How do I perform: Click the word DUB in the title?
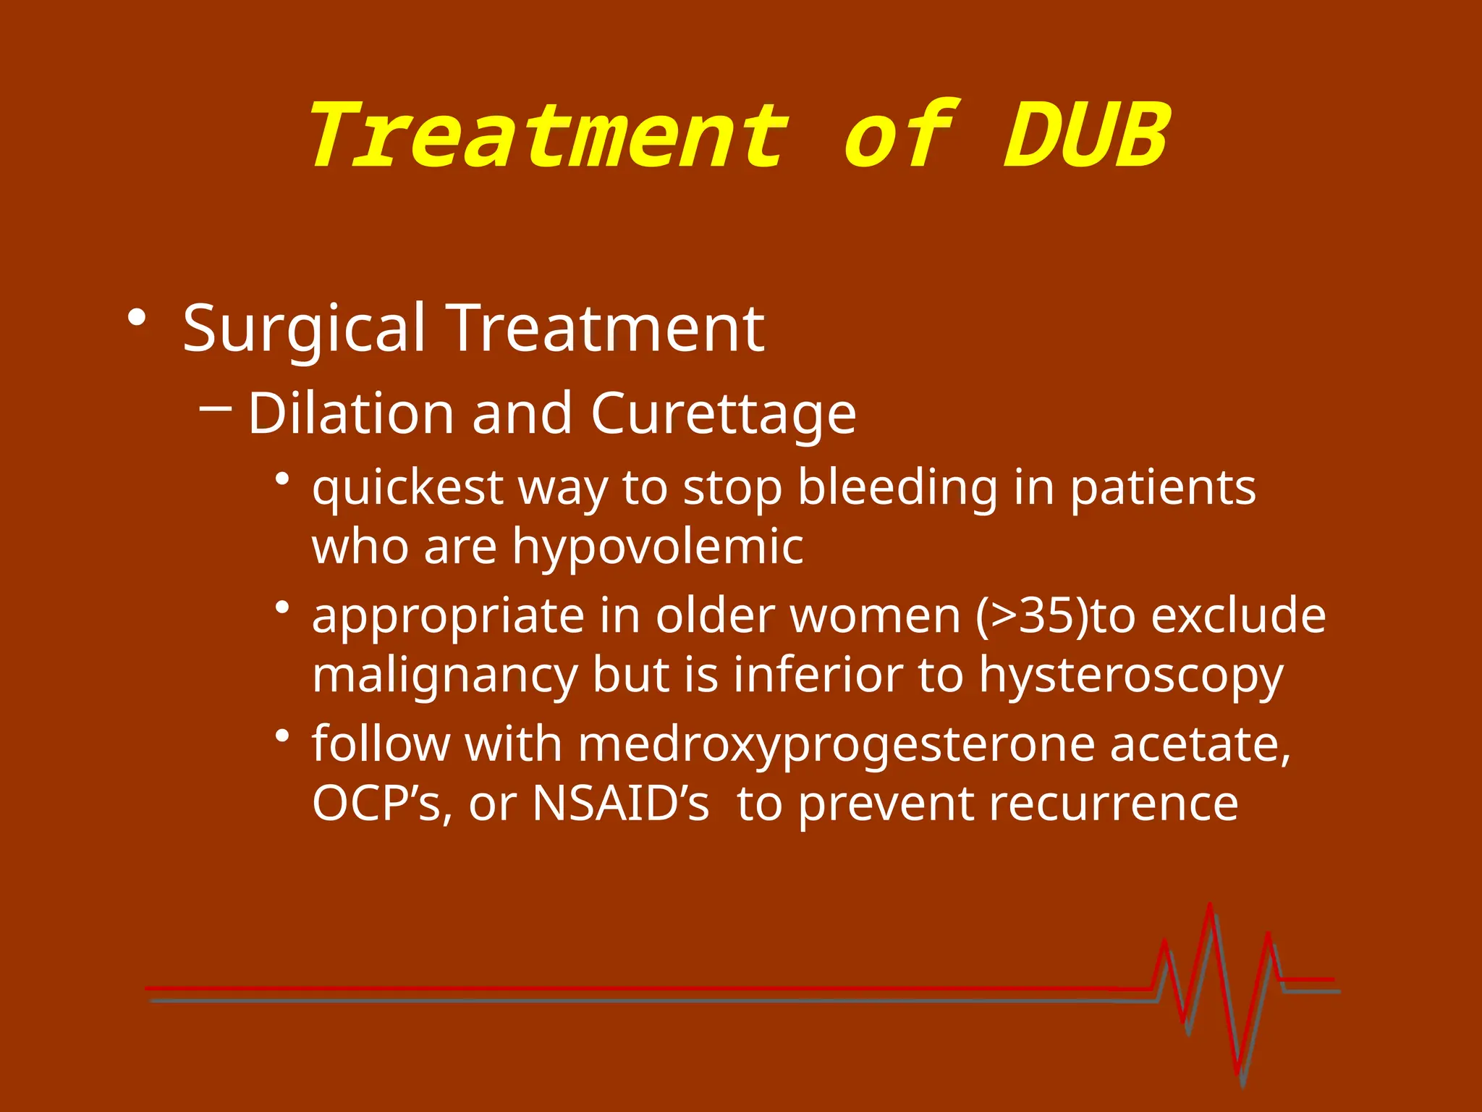click(x=1086, y=135)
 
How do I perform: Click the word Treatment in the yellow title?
click(x=548, y=135)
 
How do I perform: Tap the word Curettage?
click(x=723, y=414)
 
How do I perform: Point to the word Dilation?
click(x=351, y=413)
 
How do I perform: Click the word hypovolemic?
click(x=658, y=547)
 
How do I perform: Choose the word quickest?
click(x=407, y=487)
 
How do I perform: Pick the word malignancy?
click(x=444, y=675)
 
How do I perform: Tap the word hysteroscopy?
click(x=1131, y=675)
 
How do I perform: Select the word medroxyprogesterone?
click(x=836, y=745)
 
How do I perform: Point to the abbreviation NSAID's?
click(x=620, y=803)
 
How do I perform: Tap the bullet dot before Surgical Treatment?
click(x=136, y=318)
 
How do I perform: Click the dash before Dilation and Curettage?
click(x=215, y=408)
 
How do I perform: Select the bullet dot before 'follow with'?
click(x=282, y=736)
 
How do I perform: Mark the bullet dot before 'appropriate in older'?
click(x=282, y=607)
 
